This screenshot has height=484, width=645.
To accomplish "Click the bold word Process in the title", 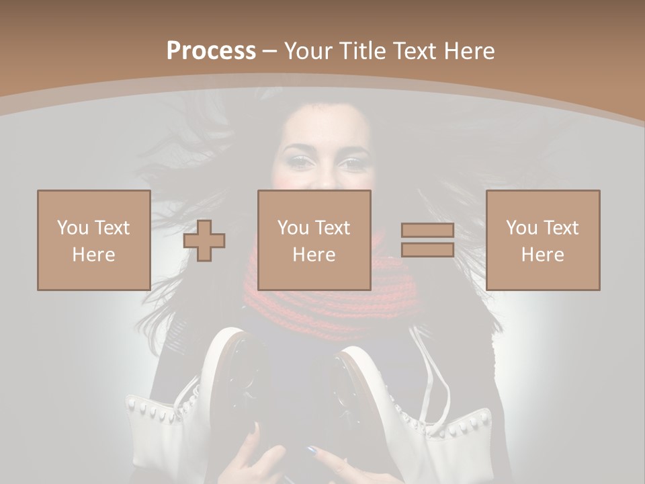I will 211,51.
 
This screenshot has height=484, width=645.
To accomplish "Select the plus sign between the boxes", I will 204,240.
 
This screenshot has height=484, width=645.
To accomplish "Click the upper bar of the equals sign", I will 427,231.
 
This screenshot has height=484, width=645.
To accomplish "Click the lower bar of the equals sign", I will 427,249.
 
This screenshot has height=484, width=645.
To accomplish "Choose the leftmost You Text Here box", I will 93,240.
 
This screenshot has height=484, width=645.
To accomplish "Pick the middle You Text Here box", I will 314,240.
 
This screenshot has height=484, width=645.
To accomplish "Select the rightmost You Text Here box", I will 543,240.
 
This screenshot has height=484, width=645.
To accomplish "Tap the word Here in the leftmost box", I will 93,254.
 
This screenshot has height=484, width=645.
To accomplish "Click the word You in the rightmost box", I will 521,228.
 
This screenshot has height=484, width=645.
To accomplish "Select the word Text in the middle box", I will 333,228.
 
